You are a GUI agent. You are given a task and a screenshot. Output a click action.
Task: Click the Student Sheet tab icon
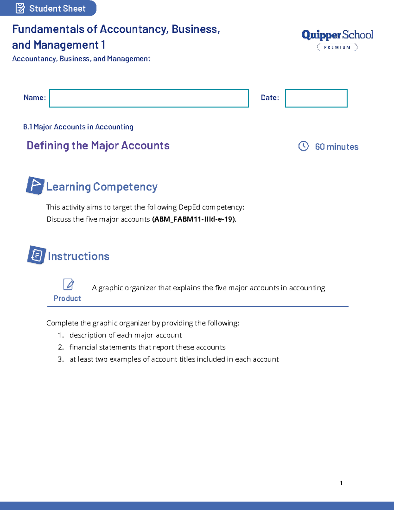20,8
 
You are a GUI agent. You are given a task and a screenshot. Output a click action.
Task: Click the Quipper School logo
337,35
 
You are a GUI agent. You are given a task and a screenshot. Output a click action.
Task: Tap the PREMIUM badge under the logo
337,47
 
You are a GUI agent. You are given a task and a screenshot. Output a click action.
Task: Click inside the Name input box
149,98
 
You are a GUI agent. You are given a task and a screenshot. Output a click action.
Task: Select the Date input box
316,98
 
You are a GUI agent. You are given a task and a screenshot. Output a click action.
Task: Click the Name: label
34,98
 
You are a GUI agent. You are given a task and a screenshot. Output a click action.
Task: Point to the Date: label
270,98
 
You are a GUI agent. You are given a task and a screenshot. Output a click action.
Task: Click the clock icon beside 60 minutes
303,146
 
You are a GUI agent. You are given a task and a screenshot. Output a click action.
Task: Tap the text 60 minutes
337,147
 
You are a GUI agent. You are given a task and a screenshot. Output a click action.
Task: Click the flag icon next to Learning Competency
35,186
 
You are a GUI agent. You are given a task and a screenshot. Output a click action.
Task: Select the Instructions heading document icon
36,255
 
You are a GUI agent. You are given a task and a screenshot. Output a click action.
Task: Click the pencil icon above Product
69,284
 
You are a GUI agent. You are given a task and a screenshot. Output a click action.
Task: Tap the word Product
67,298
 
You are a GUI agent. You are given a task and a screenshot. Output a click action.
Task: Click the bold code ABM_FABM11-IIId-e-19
194,219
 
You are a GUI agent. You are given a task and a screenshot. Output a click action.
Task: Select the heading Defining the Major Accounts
98,145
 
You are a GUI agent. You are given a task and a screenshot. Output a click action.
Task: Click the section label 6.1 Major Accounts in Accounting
78,127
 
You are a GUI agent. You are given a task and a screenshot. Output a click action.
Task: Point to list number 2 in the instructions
61,347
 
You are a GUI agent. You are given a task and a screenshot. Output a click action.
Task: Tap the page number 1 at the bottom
341,483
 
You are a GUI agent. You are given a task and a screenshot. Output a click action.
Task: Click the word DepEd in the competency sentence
189,207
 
